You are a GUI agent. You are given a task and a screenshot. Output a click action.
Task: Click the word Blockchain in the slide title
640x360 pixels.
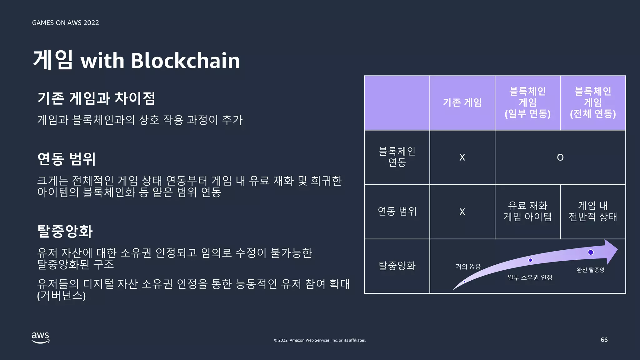click(185, 60)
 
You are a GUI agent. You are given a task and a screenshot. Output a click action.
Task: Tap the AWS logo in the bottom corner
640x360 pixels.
click(41, 337)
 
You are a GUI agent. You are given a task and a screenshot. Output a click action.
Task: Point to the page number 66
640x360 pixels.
click(604, 340)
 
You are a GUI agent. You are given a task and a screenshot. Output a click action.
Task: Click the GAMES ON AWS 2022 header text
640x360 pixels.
click(65, 23)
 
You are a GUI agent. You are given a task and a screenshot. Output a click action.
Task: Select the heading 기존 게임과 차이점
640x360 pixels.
click(96, 98)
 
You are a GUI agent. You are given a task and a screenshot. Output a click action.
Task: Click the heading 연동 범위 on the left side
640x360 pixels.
click(66, 159)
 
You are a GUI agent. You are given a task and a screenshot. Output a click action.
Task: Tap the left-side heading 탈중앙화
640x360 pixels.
click(65, 231)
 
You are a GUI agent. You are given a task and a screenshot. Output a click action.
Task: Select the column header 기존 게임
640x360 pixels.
click(462, 102)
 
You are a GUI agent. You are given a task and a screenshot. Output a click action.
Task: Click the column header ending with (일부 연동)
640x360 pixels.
click(527, 102)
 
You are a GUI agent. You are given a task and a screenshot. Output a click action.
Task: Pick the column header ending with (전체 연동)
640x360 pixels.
click(593, 102)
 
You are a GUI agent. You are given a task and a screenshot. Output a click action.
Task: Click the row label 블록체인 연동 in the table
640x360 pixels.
click(397, 157)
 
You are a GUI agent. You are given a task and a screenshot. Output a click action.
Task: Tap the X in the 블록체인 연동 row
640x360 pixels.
click(462, 157)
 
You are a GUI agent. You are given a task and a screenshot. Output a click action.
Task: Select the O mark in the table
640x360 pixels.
click(560, 157)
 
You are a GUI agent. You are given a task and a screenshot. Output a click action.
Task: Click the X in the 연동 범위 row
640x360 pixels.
click(462, 212)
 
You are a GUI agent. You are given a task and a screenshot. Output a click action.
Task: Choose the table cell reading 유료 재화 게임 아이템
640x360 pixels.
click(527, 211)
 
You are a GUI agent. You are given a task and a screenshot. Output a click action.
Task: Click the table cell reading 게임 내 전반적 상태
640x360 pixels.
click(593, 211)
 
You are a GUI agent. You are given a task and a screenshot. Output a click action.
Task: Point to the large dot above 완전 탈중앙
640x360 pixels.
click(591, 252)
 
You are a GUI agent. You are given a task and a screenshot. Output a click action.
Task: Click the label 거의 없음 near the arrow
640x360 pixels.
click(468, 267)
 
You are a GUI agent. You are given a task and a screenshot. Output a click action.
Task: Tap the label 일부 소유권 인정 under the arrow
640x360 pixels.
click(530, 277)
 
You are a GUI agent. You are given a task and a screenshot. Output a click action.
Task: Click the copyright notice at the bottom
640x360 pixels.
click(320, 340)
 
